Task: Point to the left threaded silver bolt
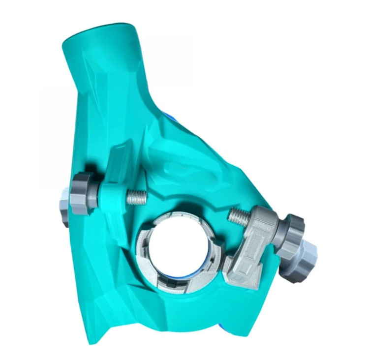[x=137, y=197]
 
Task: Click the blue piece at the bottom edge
[x=222, y=328]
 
